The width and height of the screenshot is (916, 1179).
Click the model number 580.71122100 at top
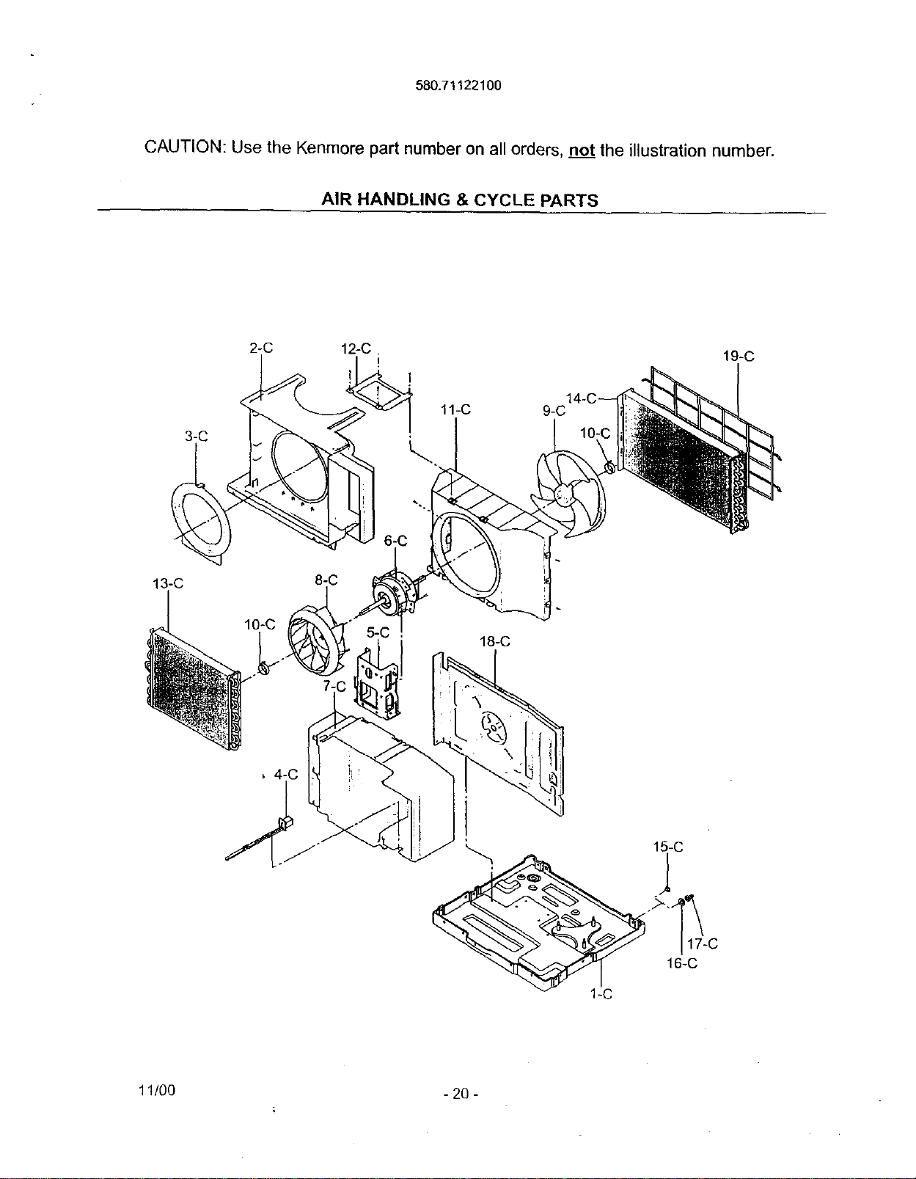click(x=458, y=86)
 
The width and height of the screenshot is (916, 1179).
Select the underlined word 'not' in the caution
click(x=582, y=150)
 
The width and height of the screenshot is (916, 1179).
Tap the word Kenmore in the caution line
click(x=329, y=149)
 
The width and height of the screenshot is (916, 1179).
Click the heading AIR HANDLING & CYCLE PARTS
click(x=460, y=200)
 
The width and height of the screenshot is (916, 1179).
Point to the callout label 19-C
click(x=739, y=357)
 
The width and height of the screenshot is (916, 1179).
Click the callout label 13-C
click(x=168, y=584)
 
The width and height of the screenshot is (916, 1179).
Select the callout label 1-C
click(x=601, y=994)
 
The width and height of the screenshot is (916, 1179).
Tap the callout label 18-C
click(x=494, y=642)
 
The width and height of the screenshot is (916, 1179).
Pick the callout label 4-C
click(x=286, y=775)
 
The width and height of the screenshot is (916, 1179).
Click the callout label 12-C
click(x=356, y=348)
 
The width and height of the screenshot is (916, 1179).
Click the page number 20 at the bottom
click(x=460, y=1093)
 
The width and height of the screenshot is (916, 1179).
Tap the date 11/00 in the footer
click(x=157, y=1090)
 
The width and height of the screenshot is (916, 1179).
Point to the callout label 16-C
click(x=682, y=963)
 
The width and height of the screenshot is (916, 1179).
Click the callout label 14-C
click(x=582, y=399)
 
